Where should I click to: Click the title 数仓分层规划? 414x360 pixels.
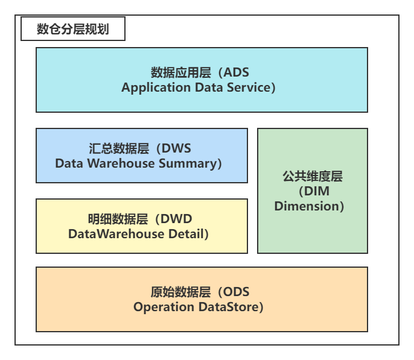click(72, 29)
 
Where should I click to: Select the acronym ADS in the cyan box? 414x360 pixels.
click(236, 72)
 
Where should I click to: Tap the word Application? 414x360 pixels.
click(156, 87)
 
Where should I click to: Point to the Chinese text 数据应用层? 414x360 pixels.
click(181, 72)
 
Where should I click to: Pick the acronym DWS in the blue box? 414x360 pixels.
click(176, 148)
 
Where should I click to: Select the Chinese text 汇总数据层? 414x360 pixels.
click(119, 148)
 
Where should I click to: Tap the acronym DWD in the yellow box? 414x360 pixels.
click(176, 219)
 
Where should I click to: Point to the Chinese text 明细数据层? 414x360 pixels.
click(118, 219)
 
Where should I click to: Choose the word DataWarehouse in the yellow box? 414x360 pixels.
click(116, 234)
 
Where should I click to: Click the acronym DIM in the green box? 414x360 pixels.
click(317, 191)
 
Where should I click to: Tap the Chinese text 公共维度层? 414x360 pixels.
click(313, 176)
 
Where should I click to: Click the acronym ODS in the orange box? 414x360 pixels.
click(237, 292)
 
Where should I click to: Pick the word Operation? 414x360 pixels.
click(164, 308)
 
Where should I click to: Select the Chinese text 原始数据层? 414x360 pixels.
click(181, 292)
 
